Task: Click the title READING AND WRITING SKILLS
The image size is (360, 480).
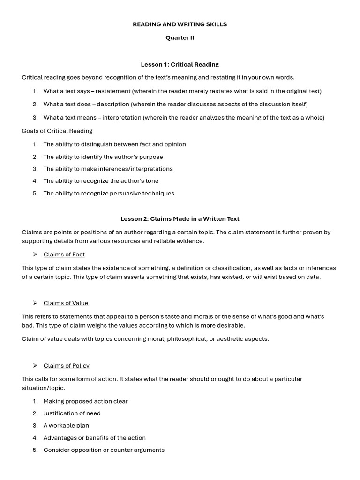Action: [180, 24]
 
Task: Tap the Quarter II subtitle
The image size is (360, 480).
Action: [180, 38]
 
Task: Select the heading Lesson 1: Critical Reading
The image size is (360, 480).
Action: [180, 64]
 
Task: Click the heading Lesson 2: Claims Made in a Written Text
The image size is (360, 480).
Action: [180, 218]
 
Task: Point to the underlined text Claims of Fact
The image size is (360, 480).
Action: [64, 255]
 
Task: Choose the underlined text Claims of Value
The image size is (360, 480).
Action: [66, 303]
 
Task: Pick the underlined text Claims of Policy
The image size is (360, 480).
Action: [66, 366]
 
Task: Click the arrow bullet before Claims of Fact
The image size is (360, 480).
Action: [35, 255]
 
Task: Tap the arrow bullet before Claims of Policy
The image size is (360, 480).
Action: [35, 366]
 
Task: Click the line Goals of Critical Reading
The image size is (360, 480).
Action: [57, 131]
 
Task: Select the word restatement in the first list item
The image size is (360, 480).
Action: [113, 91]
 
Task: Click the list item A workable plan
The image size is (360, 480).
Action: [66, 426]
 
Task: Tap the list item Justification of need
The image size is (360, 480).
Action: [72, 413]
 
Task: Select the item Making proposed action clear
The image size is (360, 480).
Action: [85, 401]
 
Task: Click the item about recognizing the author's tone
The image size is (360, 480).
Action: [101, 181]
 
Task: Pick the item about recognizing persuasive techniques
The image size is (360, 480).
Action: [109, 194]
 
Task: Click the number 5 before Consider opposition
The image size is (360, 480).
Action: [35, 450]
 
